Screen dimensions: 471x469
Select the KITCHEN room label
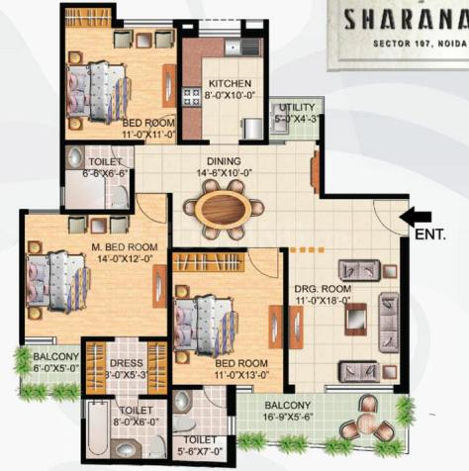tap(229, 84)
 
